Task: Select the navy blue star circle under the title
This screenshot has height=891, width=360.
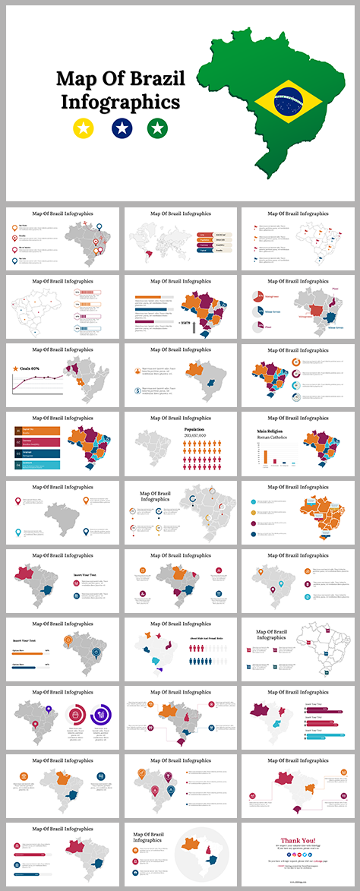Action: (x=121, y=128)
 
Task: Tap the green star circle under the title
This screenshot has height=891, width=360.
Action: (x=157, y=128)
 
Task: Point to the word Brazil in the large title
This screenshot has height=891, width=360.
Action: (x=154, y=79)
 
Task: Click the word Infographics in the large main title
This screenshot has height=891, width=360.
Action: (x=121, y=102)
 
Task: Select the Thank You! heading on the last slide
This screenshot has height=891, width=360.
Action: (x=299, y=840)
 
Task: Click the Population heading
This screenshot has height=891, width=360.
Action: (x=194, y=429)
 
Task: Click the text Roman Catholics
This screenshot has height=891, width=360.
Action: (x=271, y=438)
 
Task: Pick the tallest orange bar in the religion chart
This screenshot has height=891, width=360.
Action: (x=265, y=456)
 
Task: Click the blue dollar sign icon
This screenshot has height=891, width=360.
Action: (x=137, y=391)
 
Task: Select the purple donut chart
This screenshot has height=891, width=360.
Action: (x=100, y=714)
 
